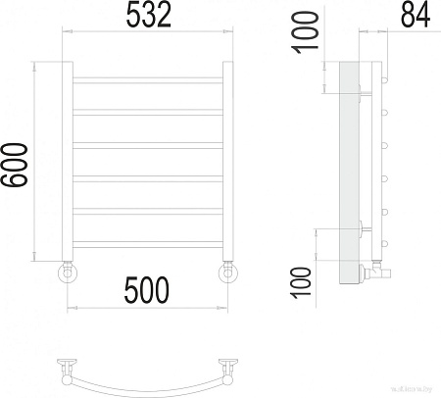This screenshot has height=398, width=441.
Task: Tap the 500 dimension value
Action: (147, 289)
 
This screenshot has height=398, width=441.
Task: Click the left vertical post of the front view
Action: (67, 162)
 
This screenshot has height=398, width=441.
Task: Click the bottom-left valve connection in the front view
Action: (67, 271)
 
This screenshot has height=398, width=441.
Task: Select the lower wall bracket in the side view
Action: (364, 231)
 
